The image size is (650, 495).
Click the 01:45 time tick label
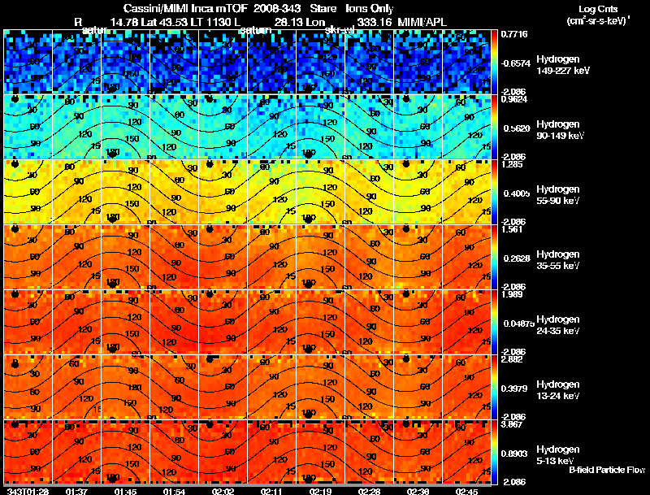125,490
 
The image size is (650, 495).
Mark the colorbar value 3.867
511,424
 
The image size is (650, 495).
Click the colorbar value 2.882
511,359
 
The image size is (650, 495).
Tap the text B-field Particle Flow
607,470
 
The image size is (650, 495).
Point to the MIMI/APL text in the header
422,20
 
